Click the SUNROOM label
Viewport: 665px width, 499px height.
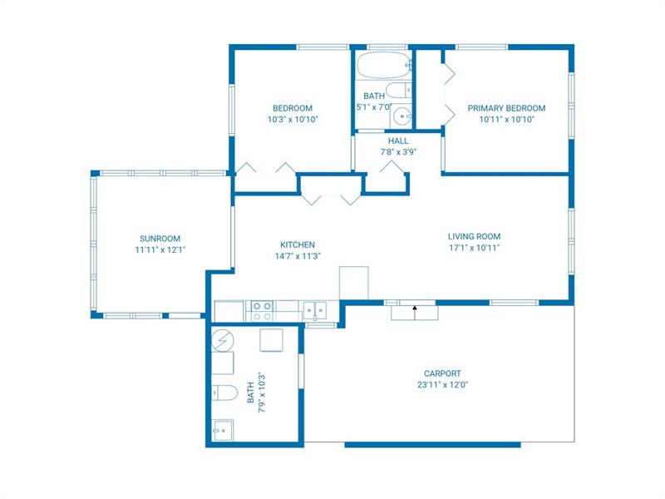click(160, 239)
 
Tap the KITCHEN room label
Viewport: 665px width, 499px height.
click(298, 245)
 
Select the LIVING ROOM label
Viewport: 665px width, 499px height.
click(474, 236)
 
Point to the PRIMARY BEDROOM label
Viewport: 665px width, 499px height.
click(506, 108)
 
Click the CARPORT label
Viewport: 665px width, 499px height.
click(442, 373)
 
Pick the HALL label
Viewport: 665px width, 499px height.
click(398, 141)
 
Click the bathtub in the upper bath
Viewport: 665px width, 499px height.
click(384, 65)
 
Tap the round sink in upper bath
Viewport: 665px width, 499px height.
click(401, 116)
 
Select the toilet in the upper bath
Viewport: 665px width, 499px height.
click(398, 91)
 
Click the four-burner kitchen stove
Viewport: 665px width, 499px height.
click(262, 311)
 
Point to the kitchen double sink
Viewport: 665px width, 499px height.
click(315, 310)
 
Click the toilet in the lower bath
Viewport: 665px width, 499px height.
click(224, 393)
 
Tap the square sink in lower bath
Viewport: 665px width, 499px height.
click(222, 430)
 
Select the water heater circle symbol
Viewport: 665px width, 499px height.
click(222, 340)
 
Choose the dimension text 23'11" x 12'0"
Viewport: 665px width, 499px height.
click(442, 385)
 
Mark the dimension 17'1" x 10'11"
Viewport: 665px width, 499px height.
click(474, 248)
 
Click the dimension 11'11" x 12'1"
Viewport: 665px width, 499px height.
click(160, 250)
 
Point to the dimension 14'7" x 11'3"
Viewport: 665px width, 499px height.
click(298, 256)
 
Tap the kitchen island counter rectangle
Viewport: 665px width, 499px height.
click(354, 283)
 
